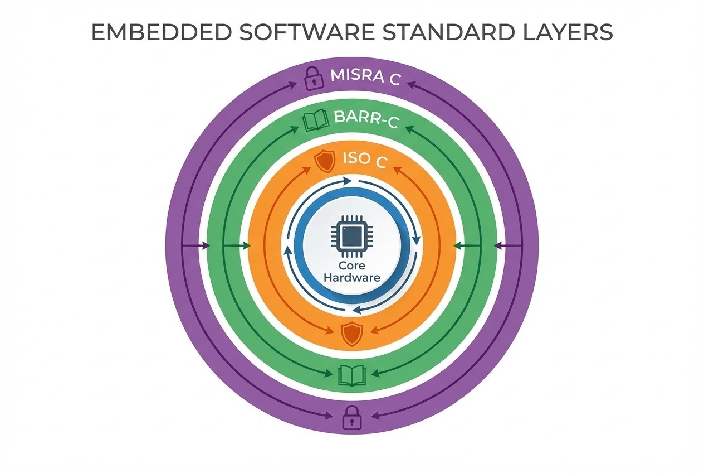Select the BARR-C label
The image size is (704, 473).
tap(366, 119)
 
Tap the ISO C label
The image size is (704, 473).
tap(365, 160)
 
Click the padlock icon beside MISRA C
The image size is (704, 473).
tap(314, 78)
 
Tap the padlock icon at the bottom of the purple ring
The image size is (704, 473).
tap(351, 417)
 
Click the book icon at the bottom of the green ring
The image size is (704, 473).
tap(351, 375)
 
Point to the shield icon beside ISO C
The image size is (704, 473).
tap(325, 161)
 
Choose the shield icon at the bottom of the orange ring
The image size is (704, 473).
tap(351, 334)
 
